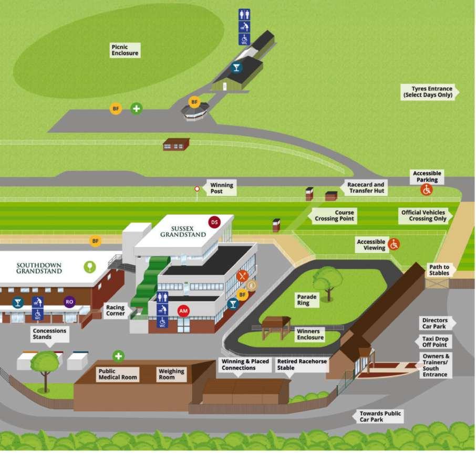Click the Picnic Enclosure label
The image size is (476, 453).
(x=125, y=50)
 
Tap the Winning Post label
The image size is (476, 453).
(x=221, y=188)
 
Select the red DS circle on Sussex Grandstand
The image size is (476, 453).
(x=214, y=222)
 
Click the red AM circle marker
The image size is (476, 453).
(x=183, y=311)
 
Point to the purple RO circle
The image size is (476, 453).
(x=69, y=302)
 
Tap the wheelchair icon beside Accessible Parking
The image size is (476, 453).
(x=427, y=190)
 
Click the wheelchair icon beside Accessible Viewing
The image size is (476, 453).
(x=394, y=244)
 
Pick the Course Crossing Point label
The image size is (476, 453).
(x=334, y=216)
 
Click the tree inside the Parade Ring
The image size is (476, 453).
(x=328, y=280)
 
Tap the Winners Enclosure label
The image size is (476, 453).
(x=310, y=335)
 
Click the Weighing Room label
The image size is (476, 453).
(x=171, y=374)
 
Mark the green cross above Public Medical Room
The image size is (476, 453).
(x=119, y=356)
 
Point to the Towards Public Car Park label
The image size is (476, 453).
(x=380, y=416)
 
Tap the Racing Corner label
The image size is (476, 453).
(x=116, y=310)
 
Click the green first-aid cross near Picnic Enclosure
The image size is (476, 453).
(x=136, y=109)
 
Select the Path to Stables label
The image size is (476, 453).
(x=439, y=270)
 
